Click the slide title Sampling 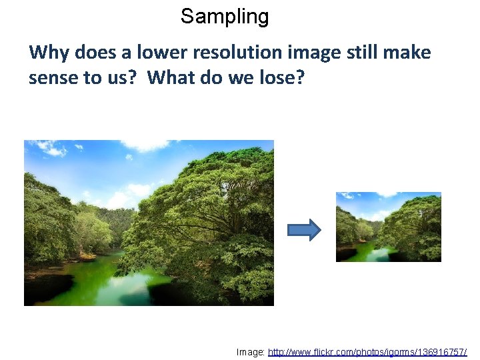click(x=225, y=17)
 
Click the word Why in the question click(x=45, y=52)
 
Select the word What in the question click(x=169, y=78)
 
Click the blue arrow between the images click(x=304, y=230)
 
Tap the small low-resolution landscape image click(x=388, y=227)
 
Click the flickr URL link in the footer click(x=367, y=351)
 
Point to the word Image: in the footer click(x=251, y=351)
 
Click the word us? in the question click(x=122, y=78)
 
